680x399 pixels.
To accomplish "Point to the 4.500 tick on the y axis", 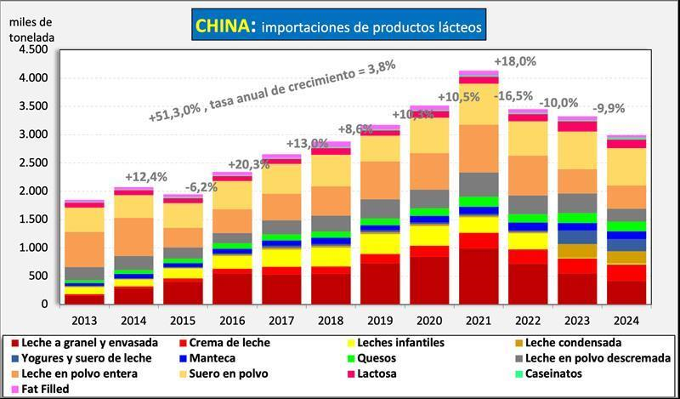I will coord(32,49).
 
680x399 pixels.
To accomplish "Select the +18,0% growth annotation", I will coord(517,61).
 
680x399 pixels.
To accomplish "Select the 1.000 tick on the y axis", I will coord(32,248).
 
